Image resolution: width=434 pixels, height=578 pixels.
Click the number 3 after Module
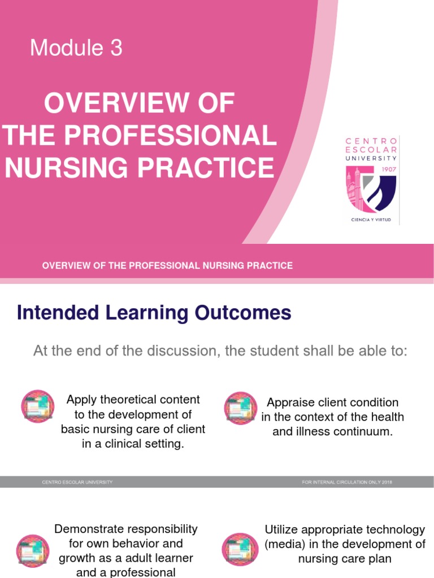tap(116, 49)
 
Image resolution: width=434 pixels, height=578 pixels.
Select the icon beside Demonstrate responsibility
tap(33, 551)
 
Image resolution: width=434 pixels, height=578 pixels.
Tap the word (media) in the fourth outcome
tap(284, 544)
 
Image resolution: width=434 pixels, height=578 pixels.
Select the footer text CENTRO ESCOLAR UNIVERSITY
tap(77, 481)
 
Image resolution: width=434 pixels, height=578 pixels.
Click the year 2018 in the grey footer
tap(387, 481)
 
